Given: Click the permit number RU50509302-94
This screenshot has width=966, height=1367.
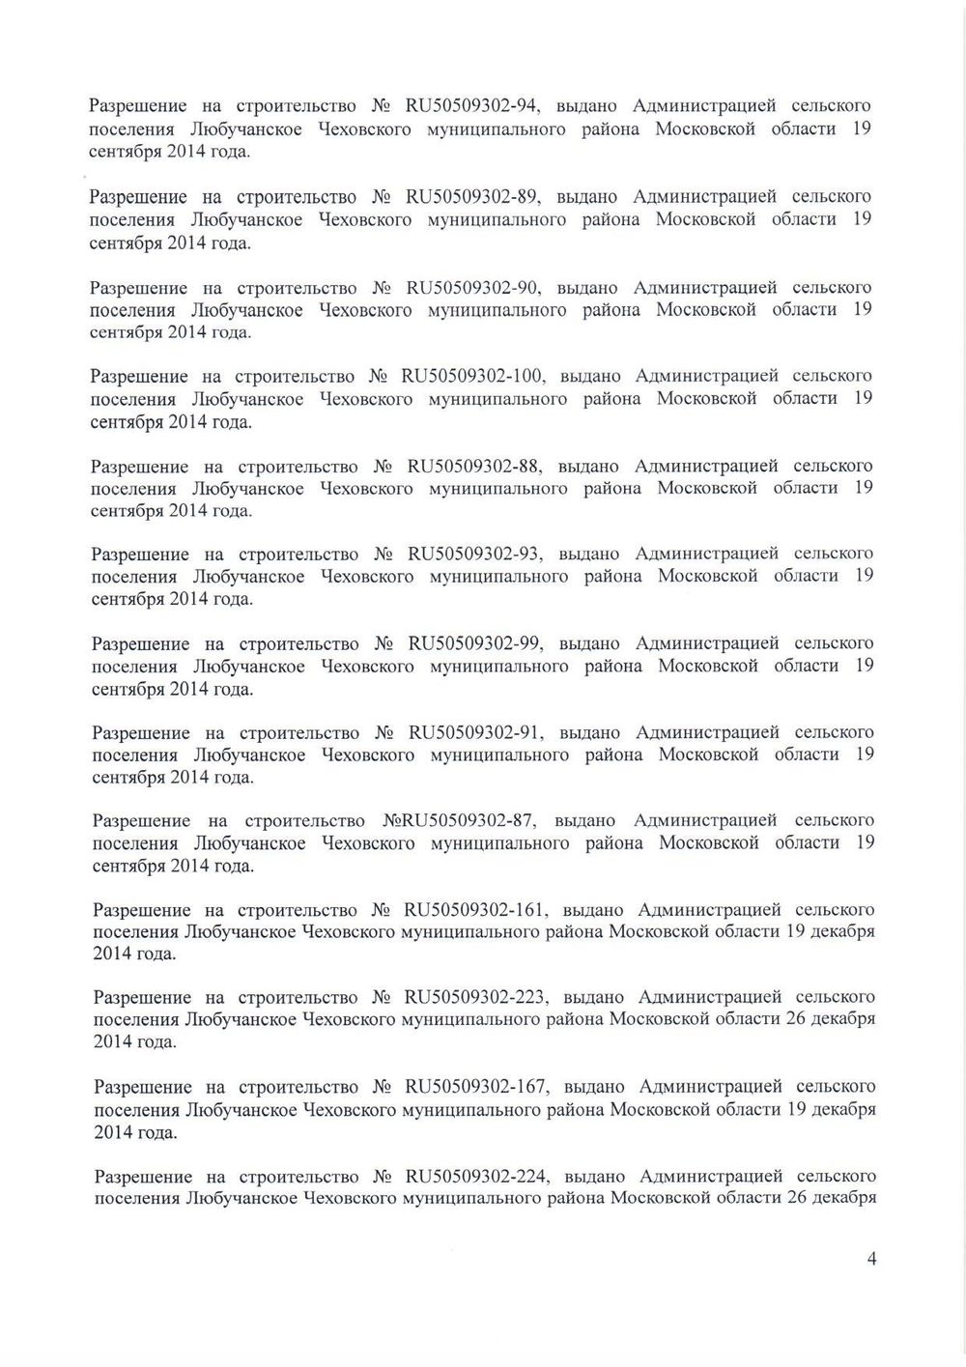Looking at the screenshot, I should (x=469, y=106).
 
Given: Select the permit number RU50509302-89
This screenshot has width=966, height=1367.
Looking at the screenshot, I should (x=469, y=197).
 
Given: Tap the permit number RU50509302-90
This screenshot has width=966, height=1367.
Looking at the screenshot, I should (x=469, y=288).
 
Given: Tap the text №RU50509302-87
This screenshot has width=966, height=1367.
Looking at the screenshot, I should (x=453, y=821).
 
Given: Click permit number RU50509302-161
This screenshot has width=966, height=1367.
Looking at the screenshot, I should (x=475, y=910).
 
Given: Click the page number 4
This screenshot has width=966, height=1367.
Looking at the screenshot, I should (x=872, y=1259).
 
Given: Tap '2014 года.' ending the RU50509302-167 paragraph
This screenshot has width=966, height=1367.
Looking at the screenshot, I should (x=135, y=1132).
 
